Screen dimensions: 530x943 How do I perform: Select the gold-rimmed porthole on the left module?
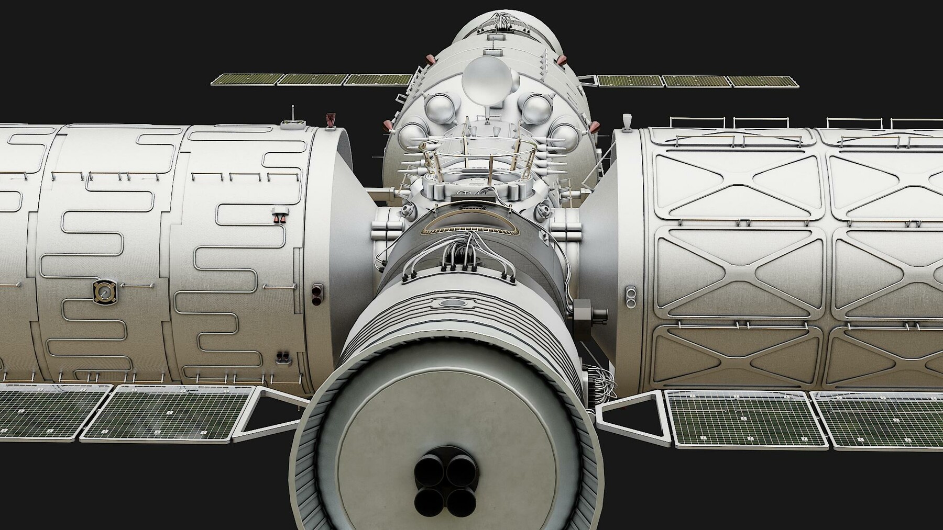[x=105, y=292]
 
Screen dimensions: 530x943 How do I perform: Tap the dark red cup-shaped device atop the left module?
[x=331, y=119]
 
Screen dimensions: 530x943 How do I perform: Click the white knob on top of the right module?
[x=627, y=122]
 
